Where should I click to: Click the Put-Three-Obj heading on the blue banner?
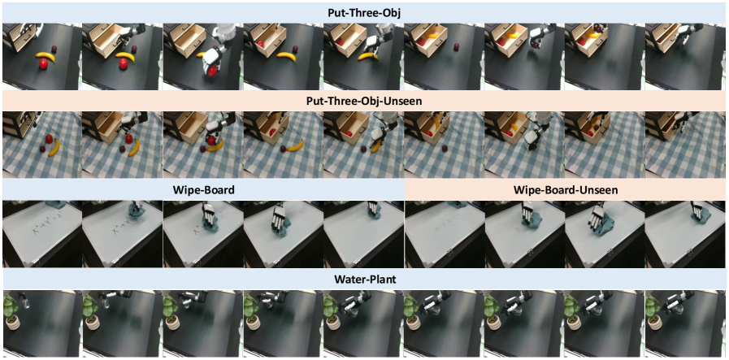point(364,13)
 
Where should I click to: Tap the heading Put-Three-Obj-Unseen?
point(364,101)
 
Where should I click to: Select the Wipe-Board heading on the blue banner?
point(203,190)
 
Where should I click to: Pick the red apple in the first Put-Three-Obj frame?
point(43,65)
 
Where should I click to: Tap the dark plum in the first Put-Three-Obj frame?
point(55,49)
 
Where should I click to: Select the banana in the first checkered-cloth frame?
point(55,148)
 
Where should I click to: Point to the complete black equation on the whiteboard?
point(48,226)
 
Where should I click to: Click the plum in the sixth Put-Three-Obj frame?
point(457,47)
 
